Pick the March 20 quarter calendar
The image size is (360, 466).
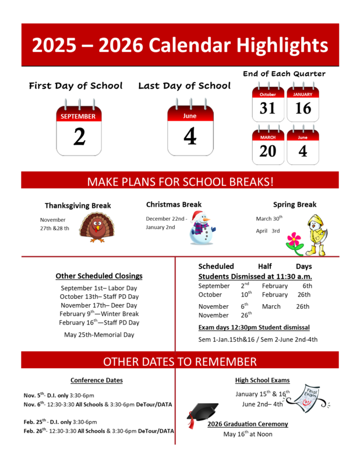pyautogui.click(x=268, y=146)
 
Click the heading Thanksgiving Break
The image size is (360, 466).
pyautogui.click(x=77, y=206)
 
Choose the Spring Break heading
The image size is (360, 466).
pyautogui.click(x=295, y=204)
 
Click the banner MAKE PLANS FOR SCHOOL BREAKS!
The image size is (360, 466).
pyautogui.click(x=180, y=181)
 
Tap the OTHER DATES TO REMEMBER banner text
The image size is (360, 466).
pyautogui.click(x=180, y=361)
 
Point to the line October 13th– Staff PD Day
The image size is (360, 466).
pyautogui.click(x=99, y=296)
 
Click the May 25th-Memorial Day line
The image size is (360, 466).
pyautogui.click(x=99, y=334)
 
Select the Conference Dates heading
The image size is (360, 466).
pyautogui.click(x=97, y=380)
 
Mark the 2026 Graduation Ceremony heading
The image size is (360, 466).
pyautogui.click(x=248, y=424)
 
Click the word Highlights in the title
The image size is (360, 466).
pyautogui.click(x=280, y=45)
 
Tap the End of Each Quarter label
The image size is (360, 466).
pyautogui.click(x=284, y=74)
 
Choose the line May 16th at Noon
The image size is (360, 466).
pyautogui.click(x=248, y=434)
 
